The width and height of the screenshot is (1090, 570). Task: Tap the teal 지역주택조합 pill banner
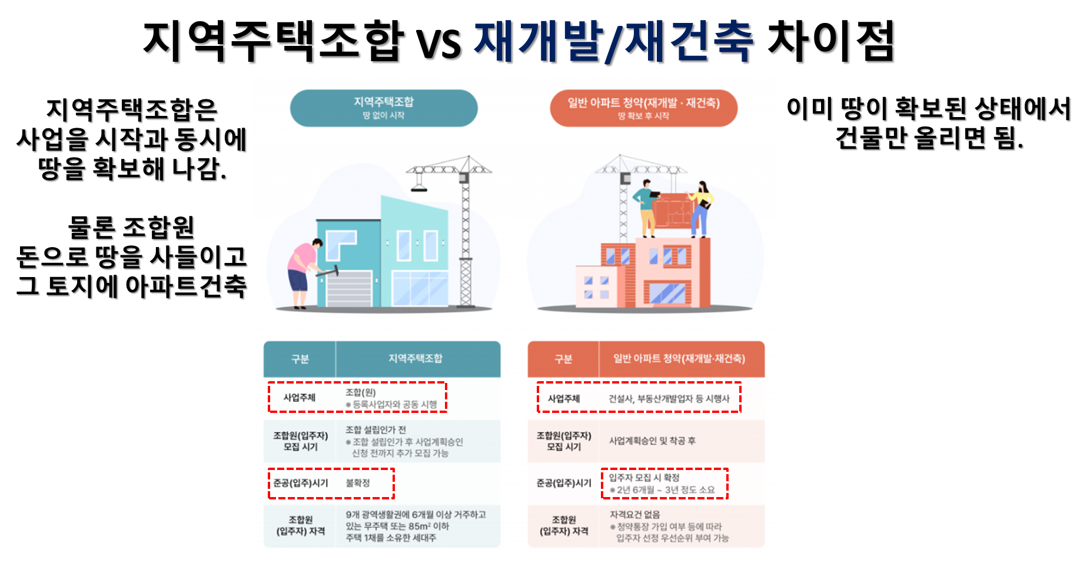(x=384, y=108)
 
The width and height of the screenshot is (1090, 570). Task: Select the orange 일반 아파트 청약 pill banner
(x=643, y=108)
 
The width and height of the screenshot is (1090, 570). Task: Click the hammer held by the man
(x=328, y=272)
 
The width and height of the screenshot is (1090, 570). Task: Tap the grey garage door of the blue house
(x=349, y=289)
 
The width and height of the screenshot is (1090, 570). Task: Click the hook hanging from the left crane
(x=418, y=186)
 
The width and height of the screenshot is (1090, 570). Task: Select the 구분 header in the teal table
(x=300, y=359)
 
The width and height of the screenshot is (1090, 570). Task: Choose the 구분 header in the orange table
(x=563, y=359)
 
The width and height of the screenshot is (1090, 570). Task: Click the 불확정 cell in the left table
(x=358, y=483)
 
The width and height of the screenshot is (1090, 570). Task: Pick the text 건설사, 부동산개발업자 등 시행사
(x=669, y=399)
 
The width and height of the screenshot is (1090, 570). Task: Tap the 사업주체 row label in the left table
(x=300, y=398)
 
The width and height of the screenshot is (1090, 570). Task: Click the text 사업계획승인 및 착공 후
(x=652, y=441)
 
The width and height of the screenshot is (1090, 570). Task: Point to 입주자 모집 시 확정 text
(x=644, y=478)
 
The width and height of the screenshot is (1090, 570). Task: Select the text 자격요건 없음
(x=634, y=515)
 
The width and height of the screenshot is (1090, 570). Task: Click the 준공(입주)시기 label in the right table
(x=563, y=483)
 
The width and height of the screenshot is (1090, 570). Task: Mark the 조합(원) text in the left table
(x=360, y=392)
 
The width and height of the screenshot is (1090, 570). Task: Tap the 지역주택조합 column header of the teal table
(x=416, y=359)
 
